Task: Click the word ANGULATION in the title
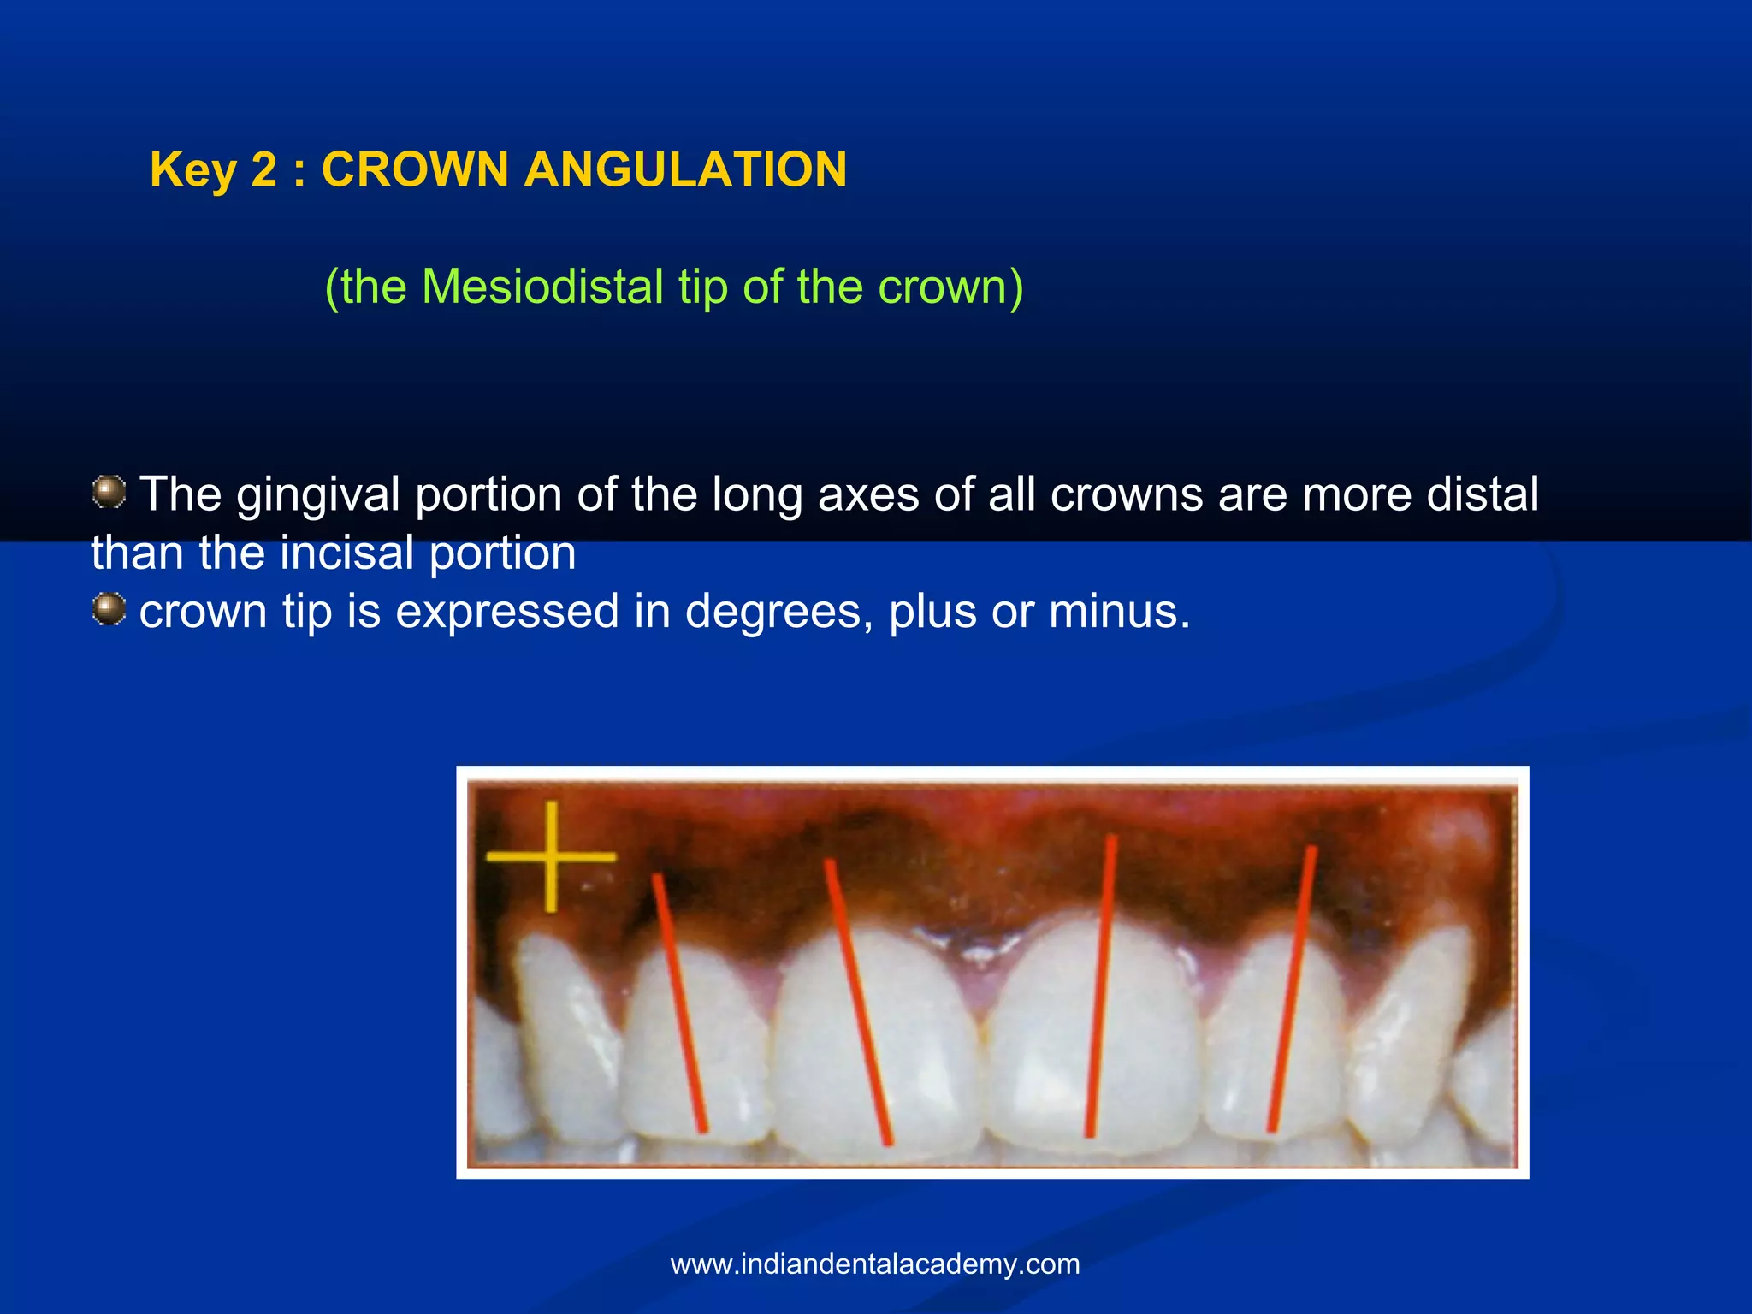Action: pos(685,169)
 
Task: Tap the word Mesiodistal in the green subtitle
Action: pos(542,287)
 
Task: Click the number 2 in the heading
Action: pos(263,169)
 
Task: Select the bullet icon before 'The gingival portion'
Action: pos(109,492)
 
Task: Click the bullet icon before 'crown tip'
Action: pos(109,610)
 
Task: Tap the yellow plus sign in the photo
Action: pos(550,855)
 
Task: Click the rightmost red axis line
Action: pos(1292,988)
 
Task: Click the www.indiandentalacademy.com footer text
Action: pos(874,1264)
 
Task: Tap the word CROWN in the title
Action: pos(415,169)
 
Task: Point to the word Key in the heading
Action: pos(193,169)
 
